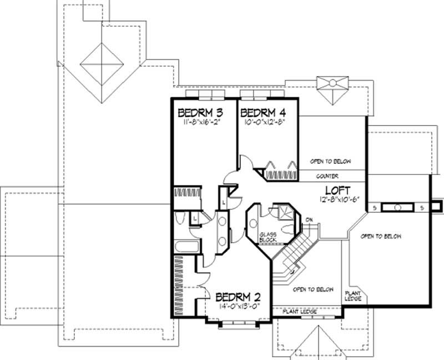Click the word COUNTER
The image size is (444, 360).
[328, 176]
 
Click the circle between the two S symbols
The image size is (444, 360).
[397, 207]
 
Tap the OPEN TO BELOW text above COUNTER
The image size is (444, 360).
[331, 161]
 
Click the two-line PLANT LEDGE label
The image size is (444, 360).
[354, 296]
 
